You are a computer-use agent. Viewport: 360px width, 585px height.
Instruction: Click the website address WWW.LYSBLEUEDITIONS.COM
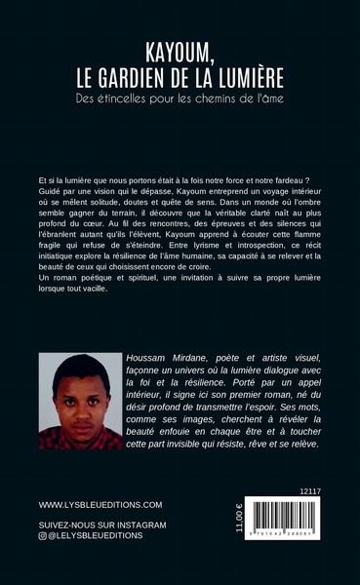tap(100, 506)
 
